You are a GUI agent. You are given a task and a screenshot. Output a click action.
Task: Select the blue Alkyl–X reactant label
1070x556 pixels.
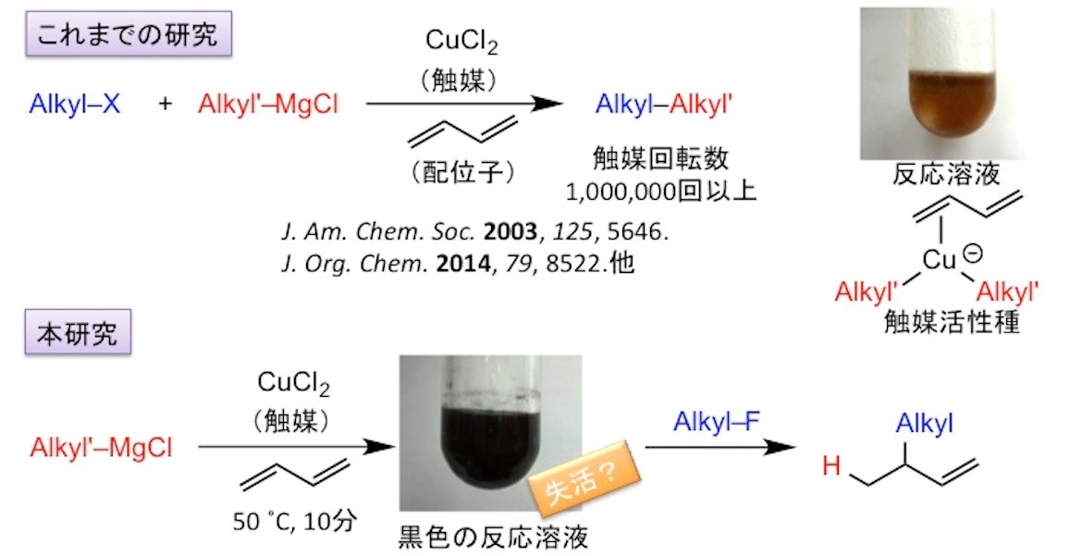click(x=74, y=105)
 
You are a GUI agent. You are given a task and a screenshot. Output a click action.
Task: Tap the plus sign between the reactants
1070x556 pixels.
click(x=165, y=105)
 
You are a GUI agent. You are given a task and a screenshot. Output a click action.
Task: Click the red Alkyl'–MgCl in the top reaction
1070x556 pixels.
click(x=268, y=105)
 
